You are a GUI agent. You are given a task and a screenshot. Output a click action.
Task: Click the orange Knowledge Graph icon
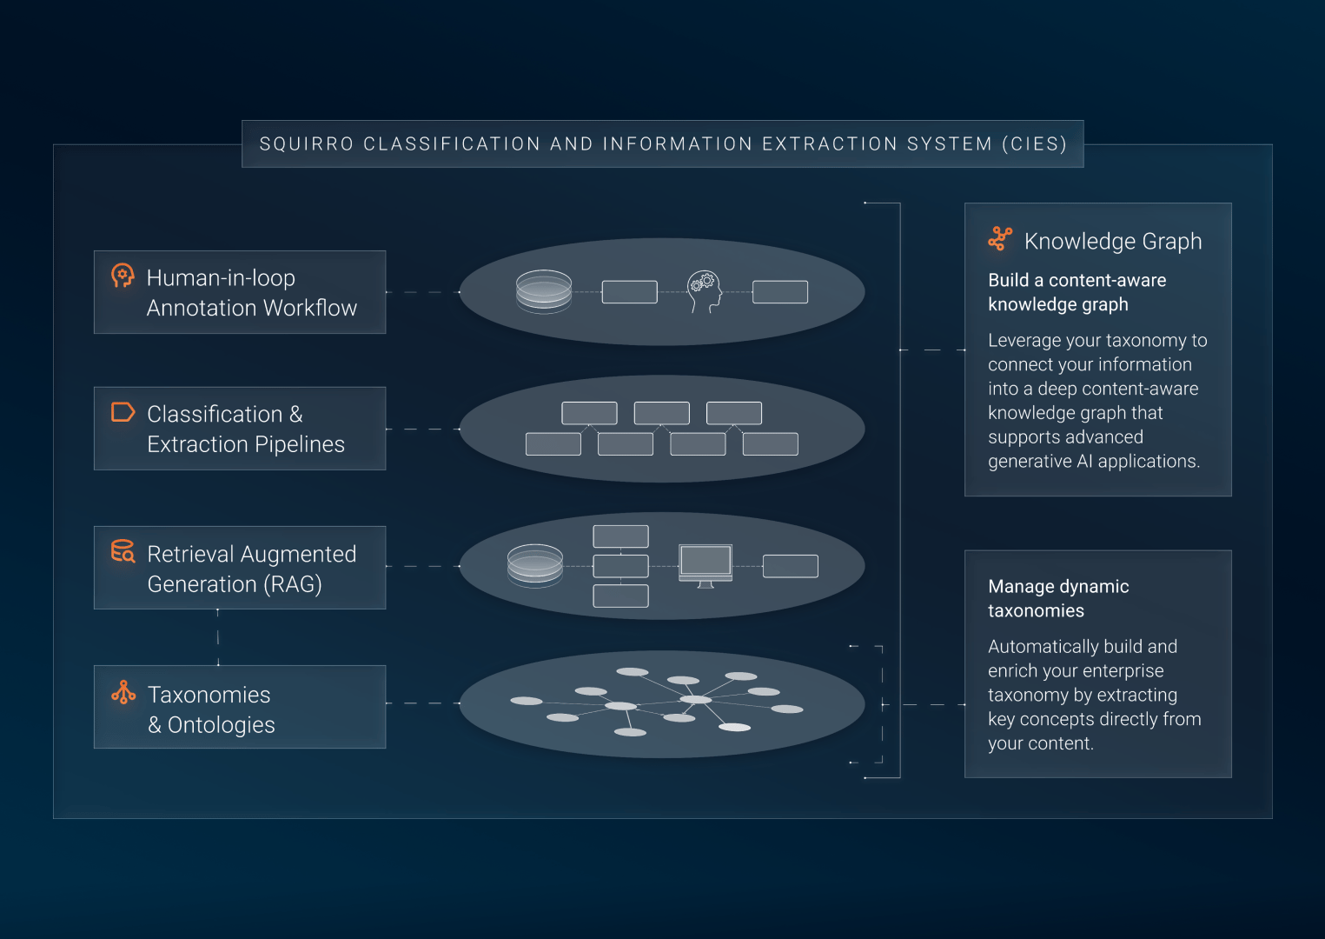point(1000,239)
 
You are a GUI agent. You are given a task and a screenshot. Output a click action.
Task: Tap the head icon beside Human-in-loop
point(123,276)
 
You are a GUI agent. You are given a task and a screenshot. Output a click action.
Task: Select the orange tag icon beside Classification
point(123,412)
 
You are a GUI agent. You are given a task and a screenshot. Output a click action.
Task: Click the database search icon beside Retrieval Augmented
point(123,551)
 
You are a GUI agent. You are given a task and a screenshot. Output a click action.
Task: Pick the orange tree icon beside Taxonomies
point(123,692)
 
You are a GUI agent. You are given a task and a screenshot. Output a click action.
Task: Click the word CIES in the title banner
point(1034,144)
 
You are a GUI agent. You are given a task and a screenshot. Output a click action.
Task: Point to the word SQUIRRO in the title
point(306,144)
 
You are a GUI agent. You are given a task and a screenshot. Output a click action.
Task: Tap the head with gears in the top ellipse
point(704,291)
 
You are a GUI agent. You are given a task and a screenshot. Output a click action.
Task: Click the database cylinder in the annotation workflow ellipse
point(544,291)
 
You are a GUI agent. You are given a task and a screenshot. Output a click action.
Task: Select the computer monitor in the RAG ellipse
point(706,566)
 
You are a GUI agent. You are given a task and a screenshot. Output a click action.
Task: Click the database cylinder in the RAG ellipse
point(535,566)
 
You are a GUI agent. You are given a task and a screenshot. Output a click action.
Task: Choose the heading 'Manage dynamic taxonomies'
point(1058,598)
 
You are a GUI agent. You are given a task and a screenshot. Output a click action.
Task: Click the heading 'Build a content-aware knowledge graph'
point(1077,292)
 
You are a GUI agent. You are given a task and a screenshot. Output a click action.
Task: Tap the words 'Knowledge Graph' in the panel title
point(1113,242)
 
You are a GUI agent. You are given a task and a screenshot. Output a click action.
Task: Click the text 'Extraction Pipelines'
point(246,444)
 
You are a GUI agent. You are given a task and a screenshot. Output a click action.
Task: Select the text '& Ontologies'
point(211,725)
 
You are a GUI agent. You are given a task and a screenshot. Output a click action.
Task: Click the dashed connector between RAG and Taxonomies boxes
point(217,637)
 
